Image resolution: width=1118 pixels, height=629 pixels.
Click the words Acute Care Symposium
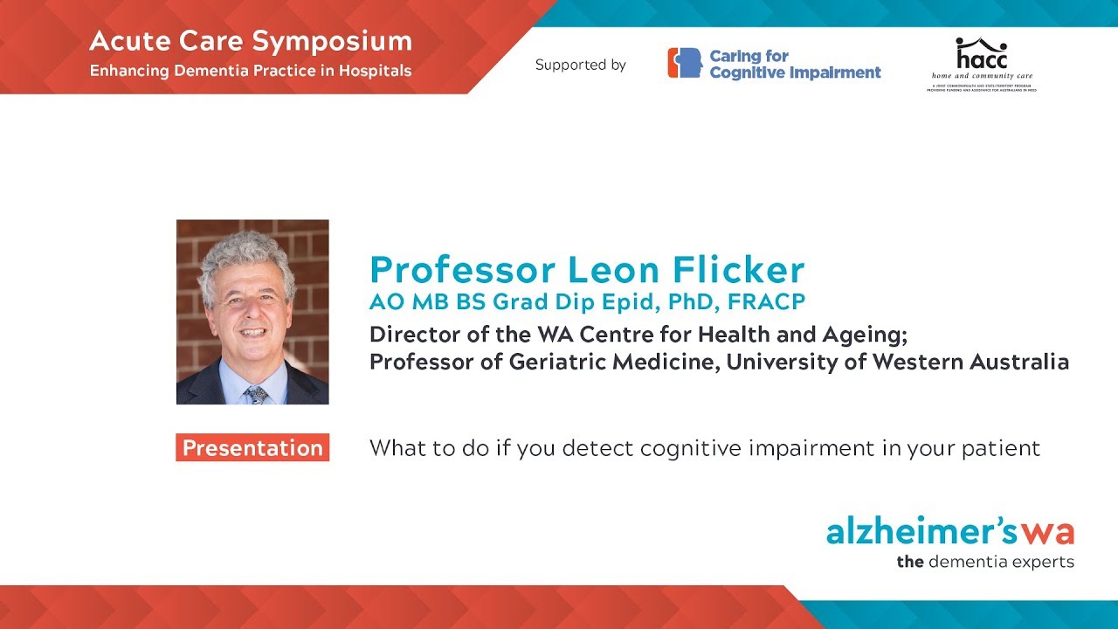[251, 41]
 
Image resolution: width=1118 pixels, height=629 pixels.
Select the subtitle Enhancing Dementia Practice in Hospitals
[251, 71]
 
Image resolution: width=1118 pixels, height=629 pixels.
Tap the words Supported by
[580, 65]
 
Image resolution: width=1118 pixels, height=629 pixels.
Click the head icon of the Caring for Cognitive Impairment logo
[685, 63]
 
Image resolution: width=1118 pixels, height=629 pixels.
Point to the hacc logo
[982, 64]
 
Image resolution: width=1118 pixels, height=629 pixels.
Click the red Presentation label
[252, 447]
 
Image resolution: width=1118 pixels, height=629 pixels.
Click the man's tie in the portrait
[255, 394]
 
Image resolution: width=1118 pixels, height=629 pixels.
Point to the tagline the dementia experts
[985, 562]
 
